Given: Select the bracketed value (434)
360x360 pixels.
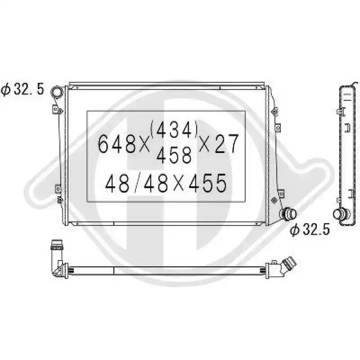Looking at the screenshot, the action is pyautogui.click(x=174, y=130).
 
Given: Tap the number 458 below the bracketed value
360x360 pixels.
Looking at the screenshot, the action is pyautogui.click(x=174, y=155).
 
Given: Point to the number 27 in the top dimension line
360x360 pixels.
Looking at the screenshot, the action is pyautogui.click(x=227, y=144).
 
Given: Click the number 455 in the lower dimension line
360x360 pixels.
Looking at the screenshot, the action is pyautogui.click(x=208, y=183).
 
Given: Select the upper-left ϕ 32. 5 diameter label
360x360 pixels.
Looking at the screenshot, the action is pyautogui.click(x=22, y=89).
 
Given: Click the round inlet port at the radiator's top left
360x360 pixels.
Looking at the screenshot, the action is pyautogui.click(x=57, y=92).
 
